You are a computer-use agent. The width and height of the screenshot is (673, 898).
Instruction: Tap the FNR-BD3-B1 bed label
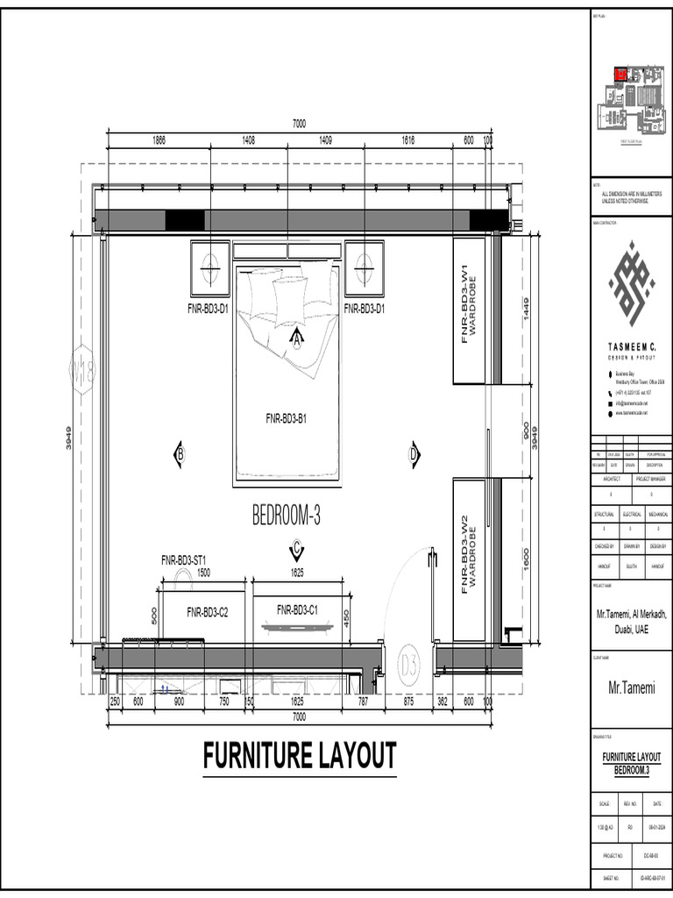(286, 419)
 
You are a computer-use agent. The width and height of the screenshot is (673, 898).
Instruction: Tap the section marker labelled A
(296, 337)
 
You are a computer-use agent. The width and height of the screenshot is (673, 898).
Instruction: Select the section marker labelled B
(179, 453)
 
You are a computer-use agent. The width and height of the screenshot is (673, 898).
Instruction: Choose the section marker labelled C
(296, 549)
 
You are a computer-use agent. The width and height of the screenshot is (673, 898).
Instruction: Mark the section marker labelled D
(414, 453)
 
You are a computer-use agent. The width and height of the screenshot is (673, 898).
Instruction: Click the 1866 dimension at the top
(159, 140)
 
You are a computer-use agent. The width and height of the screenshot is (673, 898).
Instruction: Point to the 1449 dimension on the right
(526, 310)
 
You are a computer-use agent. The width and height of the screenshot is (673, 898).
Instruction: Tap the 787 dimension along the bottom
(363, 702)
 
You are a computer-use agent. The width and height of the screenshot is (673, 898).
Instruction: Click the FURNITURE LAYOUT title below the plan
(300, 756)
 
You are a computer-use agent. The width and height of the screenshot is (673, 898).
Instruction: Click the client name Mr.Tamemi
(632, 689)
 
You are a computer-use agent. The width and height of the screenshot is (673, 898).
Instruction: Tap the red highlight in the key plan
(620, 75)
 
